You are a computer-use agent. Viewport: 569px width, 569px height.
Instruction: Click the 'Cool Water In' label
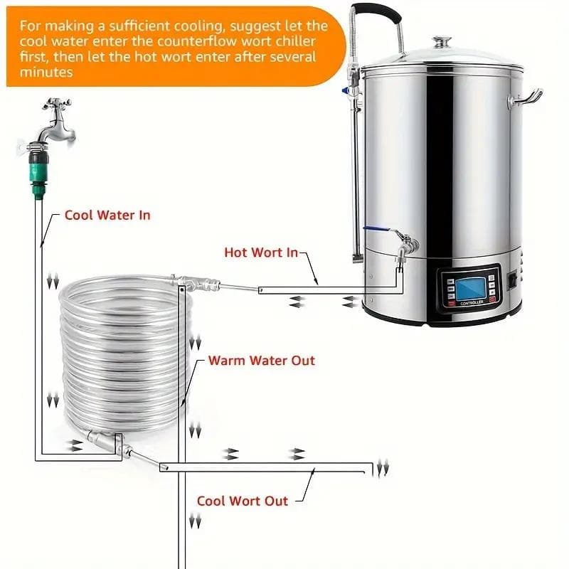(107, 215)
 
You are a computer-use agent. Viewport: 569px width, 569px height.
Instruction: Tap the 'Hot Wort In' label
(260, 252)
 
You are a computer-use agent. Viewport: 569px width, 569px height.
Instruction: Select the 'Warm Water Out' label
(261, 361)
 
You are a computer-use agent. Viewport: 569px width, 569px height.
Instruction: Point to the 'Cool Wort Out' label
(243, 501)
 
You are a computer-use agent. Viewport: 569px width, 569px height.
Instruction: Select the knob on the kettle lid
(442, 42)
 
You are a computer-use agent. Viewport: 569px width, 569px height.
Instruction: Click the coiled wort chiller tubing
(121, 349)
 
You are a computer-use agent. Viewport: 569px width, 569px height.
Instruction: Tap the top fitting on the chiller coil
(196, 284)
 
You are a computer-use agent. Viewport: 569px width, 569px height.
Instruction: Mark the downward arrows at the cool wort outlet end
(383, 468)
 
